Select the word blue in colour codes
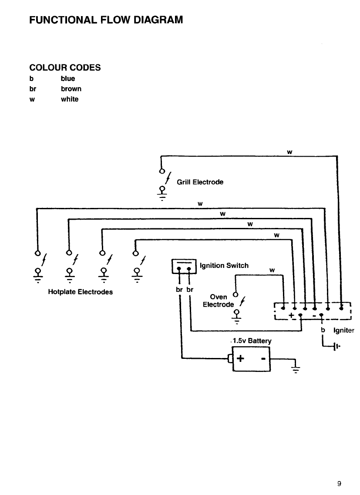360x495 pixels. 68,79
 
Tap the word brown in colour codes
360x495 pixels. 71,89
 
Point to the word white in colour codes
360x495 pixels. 70,99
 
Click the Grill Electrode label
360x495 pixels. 200,182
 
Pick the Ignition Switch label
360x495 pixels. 224,265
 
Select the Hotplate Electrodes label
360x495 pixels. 80,292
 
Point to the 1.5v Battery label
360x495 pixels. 249,341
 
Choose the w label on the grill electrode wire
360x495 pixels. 289,151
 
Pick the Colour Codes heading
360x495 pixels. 65,67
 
